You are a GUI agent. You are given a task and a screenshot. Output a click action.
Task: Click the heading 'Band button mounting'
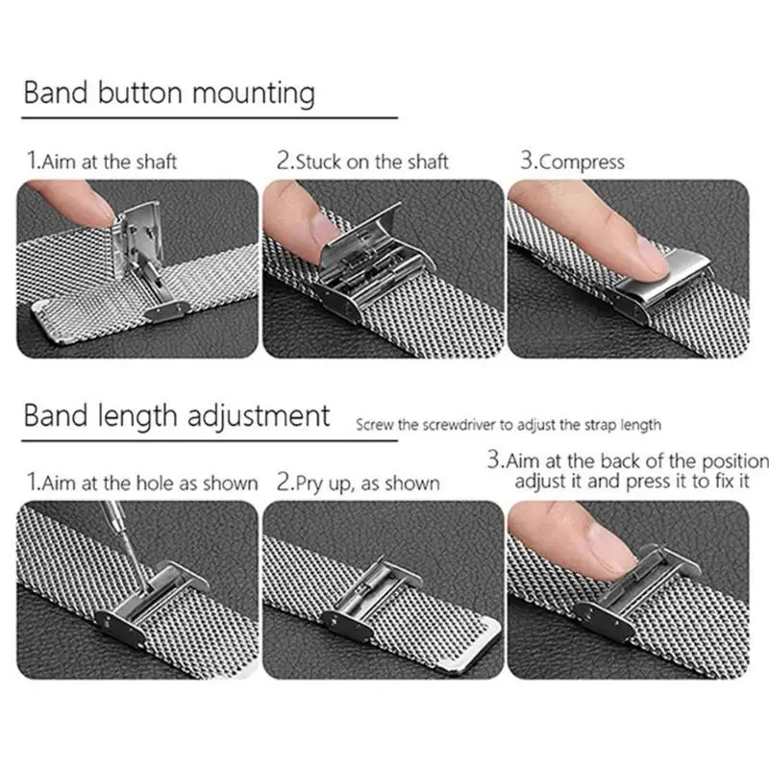click(x=169, y=93)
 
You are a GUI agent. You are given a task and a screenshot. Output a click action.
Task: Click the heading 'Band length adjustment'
click(x=177, y=416)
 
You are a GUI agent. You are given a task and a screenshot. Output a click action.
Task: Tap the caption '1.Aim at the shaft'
click(x=102, y=161)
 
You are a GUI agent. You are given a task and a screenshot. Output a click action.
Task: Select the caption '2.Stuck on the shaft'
click(x=362, y=161)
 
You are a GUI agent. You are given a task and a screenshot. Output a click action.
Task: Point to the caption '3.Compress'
click(x=572, y=161)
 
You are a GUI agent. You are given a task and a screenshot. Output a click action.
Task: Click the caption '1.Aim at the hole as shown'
click(x=142, y=483)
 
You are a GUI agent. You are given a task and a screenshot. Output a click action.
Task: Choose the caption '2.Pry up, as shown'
click(x=358, y=484)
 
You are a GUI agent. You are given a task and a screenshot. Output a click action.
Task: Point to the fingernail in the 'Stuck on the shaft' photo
click(x=325, y=230)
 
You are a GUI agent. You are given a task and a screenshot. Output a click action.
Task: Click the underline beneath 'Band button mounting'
click(x=210, y=117)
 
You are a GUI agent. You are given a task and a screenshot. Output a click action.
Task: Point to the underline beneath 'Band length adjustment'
click(x=210, y=441)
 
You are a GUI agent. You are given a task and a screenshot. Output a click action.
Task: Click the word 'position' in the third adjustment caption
click(x=735, y=462)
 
